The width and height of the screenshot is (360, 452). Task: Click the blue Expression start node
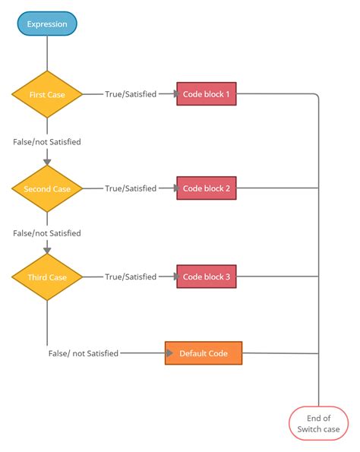click(47, 24)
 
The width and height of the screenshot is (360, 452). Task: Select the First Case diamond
click(47, 94)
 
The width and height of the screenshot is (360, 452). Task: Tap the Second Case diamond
click(47, 189)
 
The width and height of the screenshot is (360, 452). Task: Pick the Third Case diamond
click(47, 277)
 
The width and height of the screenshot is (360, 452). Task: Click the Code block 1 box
click(207, 94)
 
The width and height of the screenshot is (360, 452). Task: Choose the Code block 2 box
click(207, 188)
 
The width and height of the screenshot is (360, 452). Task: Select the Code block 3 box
click(207, 277)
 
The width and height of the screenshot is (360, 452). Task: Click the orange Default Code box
click(204, 353)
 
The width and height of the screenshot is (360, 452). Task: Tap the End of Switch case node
click(318, 423)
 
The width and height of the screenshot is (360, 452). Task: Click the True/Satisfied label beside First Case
click(131, 94)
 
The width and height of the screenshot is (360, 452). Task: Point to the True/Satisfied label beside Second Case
click(131, 188)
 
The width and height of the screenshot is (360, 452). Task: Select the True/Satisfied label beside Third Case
click(131, 277)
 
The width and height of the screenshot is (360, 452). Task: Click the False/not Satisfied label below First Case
click(47, 142)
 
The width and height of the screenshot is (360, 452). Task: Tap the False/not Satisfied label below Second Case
click(47, 233)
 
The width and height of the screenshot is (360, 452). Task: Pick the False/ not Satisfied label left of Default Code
click(84, 353)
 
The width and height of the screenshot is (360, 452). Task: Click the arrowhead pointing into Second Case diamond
click(47, 162)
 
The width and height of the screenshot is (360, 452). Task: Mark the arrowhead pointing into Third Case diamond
click(47, 251)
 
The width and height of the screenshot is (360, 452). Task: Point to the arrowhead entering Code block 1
click(175, 93)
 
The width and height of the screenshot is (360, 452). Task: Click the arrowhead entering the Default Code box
click(169, 352)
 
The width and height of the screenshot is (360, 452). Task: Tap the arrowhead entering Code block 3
click(175, 277)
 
